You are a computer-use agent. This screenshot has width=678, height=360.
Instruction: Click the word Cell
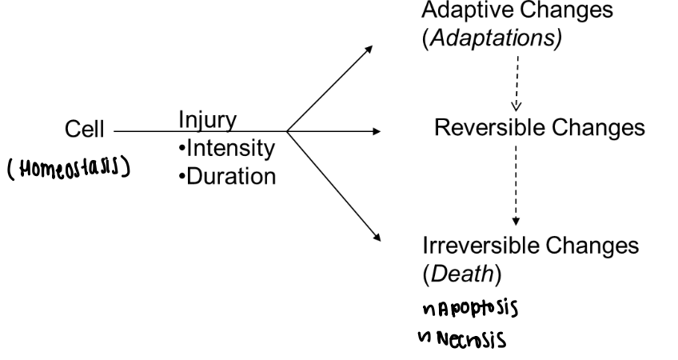click(x=86, y=129)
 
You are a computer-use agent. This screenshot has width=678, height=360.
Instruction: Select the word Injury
click(x=207, y=121)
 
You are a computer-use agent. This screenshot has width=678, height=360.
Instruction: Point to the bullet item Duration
click(x=228, y=175)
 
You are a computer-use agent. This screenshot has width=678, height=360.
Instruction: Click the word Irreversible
click(x=473, y=246)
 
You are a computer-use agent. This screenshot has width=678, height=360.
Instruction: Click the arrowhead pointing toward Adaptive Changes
click(x=369, y=49)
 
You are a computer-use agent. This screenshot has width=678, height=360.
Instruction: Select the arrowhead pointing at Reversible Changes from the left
click(x=376, y=130)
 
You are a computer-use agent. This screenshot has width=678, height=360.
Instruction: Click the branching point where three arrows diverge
click(x=286, y=130)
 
